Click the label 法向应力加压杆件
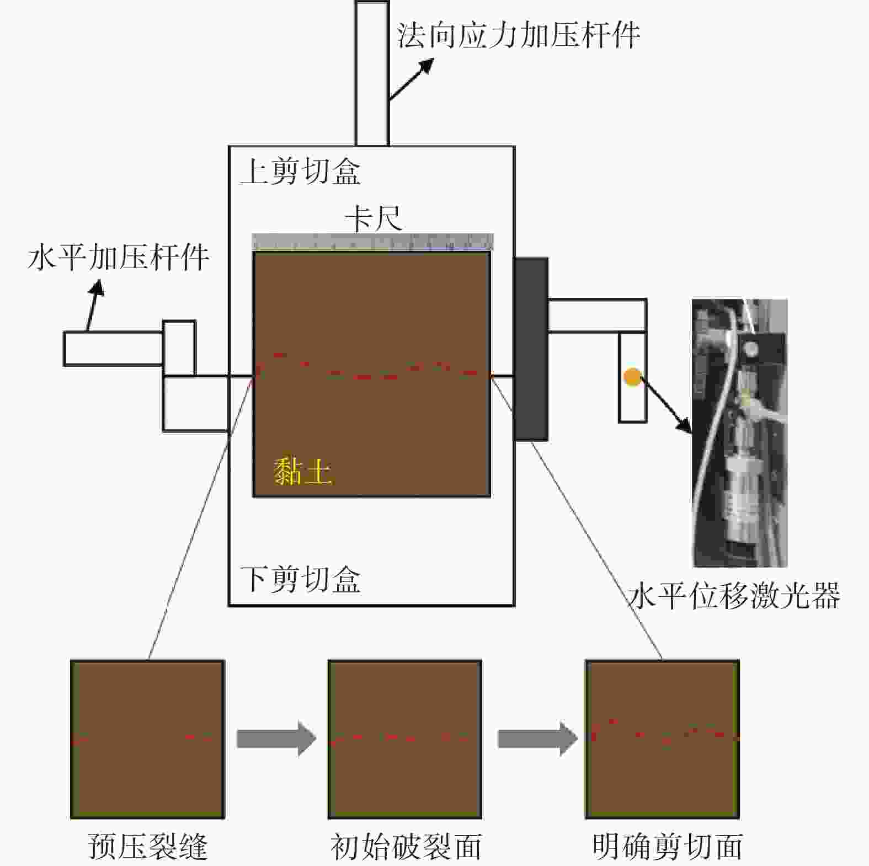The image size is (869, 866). [x=518, y=35]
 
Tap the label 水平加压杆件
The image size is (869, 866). [x=118, y=257]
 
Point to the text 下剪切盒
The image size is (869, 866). [x=301, y=579]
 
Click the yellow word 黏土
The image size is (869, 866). [x=302, y=472]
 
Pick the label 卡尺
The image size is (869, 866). [x=374, y=220]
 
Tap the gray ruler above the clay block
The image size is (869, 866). [x=373, y=242]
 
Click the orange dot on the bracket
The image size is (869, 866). [x=632, y=377]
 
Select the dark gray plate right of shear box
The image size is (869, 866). [x=531, y=349]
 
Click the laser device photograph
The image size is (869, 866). [x=740, y=433]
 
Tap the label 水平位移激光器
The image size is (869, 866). [x=734, y=596]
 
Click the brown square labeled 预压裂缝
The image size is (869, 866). [x=148, y=739]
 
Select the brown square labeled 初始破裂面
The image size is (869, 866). [x=405, y=739]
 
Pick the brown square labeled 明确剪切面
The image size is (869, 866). [x=662, y=739]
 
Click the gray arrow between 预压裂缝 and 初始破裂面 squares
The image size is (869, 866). [x=276, y=739]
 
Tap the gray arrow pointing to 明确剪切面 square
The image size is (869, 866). [x=537, y=739]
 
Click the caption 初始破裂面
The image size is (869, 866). [x=406, y=847]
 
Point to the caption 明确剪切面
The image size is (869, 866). [x=668, y=847]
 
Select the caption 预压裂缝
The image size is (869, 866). [x=148, y=847]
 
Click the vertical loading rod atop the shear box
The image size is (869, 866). [x=372, y=73]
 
